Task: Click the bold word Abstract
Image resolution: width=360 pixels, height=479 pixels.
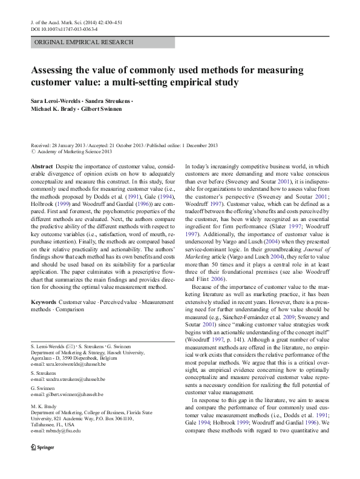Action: (x=41, y=166)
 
